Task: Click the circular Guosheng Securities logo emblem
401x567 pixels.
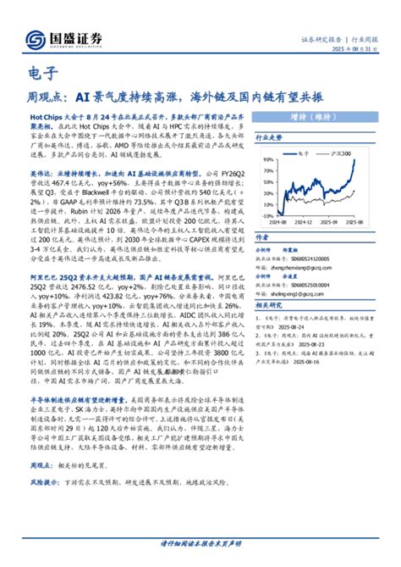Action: (x=36, y=40)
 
